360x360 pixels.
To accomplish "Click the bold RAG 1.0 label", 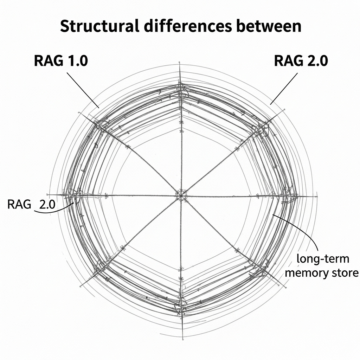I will tap(61, 61).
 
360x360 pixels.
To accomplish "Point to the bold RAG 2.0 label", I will tap(301, 61).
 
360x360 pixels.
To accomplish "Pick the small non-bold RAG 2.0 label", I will tap(31, 205).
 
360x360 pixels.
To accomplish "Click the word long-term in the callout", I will tap(323, 259).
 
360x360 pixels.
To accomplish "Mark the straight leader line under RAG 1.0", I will tap(83, 90).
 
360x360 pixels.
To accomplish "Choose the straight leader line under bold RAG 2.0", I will tap(284, 89).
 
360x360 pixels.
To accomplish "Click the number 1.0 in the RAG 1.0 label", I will tap(77, 61).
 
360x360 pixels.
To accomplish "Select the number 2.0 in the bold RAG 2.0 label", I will tap(316, 61).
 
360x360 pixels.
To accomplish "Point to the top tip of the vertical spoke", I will tap(180, 64).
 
